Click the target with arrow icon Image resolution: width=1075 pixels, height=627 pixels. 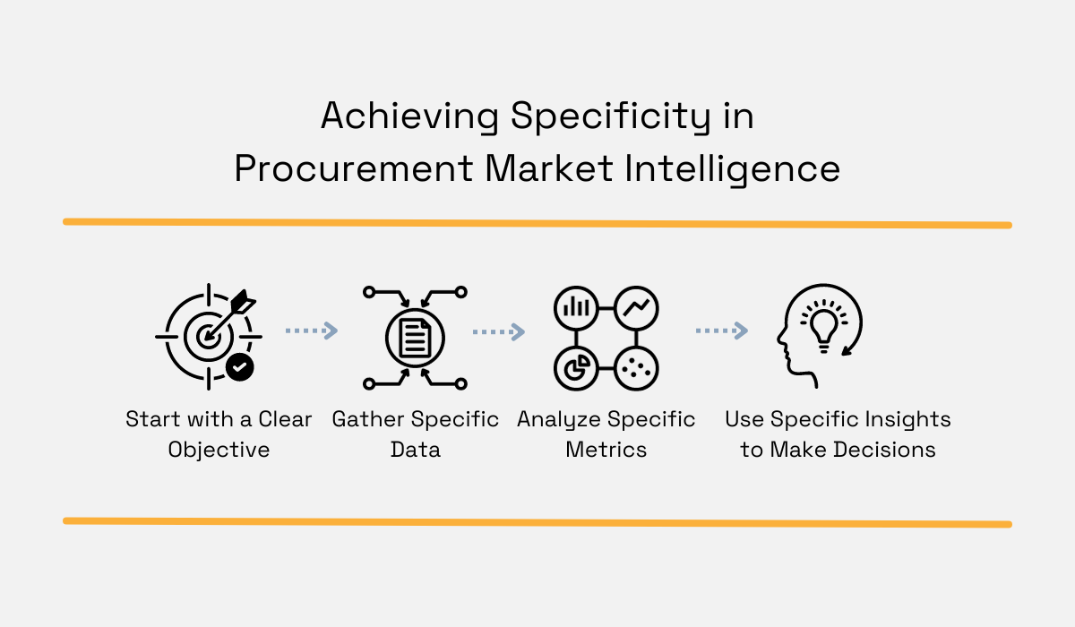(208, 336)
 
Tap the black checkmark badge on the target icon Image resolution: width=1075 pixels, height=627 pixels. (239, 366)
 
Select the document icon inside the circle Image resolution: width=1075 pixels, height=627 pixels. (415, 337)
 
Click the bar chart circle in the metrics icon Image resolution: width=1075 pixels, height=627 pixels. (575, 308)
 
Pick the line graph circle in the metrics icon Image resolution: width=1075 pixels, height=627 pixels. (638, 308)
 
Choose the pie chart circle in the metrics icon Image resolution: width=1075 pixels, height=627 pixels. (575, 367)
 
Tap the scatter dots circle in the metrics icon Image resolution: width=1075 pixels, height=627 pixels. (638, 367)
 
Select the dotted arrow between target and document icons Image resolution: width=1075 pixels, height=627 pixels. (311, 331)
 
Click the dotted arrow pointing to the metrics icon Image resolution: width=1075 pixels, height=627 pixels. (498, 332)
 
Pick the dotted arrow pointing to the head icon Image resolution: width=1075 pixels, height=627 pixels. (721, 331)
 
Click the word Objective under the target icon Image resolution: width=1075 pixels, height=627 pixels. (219, 450)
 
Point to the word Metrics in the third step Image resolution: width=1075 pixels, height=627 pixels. (606, 450)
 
